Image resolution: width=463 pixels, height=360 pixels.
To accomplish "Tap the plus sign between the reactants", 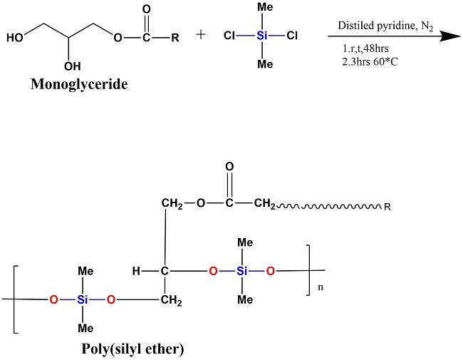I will [201, 36].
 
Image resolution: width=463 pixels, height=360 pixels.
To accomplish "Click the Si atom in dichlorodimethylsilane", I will [264, 36].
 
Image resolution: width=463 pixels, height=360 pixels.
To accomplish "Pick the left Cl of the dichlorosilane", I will [229, 36].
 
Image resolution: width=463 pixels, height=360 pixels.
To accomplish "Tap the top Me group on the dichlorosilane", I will [264, 9].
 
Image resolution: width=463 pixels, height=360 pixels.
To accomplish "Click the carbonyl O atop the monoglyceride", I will [147, 11].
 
